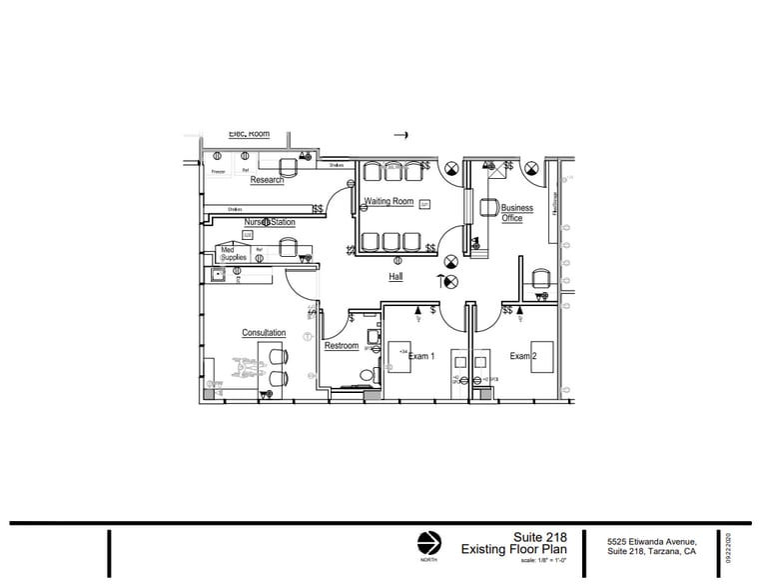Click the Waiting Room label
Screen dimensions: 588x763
[x=388, y=201]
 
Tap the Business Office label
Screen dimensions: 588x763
[x=516, y=213]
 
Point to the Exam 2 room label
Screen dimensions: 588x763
[x=523, y=356]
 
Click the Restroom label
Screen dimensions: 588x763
[x=342, y=346]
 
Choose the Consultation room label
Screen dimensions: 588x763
[x=264, y=333]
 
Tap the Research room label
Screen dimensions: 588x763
[x=267, y=181]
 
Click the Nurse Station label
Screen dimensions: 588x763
[x=270, y=222]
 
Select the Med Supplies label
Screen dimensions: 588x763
[x=233, y=253]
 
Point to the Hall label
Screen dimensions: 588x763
[x=395, y=277]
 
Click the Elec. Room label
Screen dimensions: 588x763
[x=249, y=134]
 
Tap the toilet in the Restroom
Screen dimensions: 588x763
[x=366, y=376]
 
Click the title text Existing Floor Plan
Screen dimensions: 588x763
[x=513, y=550]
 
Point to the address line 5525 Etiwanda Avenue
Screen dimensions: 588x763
[x=650, y=542]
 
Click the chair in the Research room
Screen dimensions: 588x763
[x=288, y=166]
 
